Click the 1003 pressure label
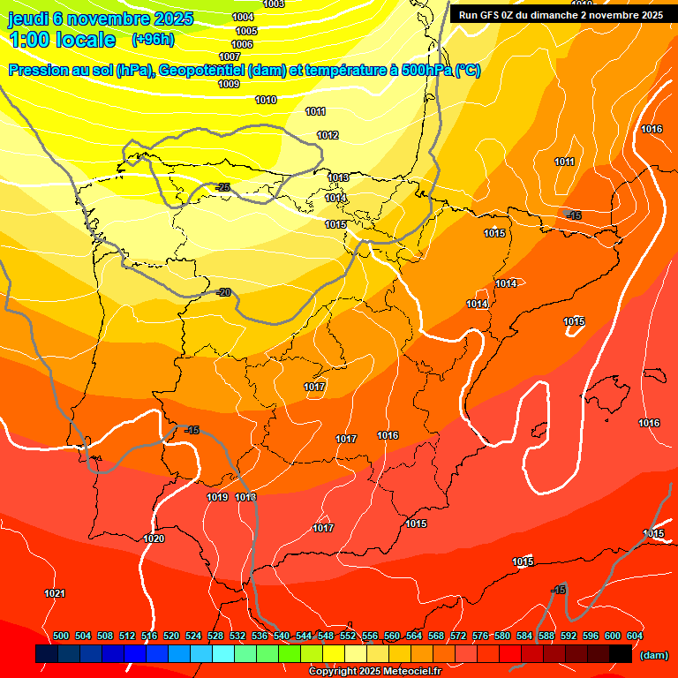click(x=274, y=4)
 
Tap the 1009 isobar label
click(x=229, y=85)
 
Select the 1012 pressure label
click(x=328, y=135)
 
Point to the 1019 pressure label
click(x=217, y=498)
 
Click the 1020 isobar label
click(x=154, y=539)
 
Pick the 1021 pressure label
click(x=55, y=593)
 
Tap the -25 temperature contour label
click(x=223, y=187)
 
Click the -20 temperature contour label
click(x=223, y=292)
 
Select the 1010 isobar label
click(x=266, y=100)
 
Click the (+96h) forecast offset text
click(x=153, y=40)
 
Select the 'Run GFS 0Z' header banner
click(x=561, y=15)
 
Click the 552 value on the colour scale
click(x=348, y=636)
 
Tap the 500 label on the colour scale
click(x=61, y=636)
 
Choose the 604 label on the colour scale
click(x=634, y=636)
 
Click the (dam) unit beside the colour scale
click(x=653, y=655)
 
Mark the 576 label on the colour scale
click(x=480, y=636)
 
